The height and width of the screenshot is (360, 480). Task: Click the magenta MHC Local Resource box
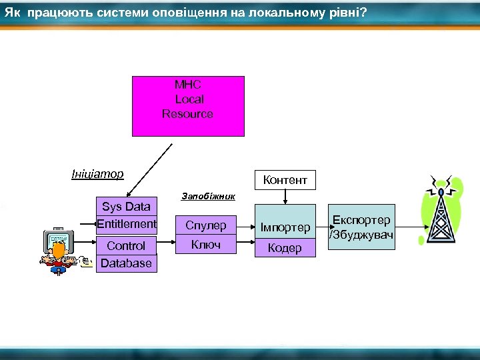(188, 105)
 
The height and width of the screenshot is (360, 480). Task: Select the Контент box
(285, 179)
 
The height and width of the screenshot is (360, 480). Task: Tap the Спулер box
(206, 225)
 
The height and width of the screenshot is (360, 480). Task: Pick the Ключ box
(206, 245)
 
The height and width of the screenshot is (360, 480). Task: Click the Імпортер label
(285, 228)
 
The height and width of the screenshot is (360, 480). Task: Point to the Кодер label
(285, 248)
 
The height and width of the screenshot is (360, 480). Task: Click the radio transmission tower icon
(441, 210)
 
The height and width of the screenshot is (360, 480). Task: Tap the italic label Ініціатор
(97, 175)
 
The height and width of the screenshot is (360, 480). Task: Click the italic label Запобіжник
(208, 197)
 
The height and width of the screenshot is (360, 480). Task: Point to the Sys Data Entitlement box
(127, 215)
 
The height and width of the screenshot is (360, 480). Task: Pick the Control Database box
(127, 254)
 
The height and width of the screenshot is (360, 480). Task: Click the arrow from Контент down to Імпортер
(285, 196)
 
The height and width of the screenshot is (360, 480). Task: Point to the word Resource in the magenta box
(188, 114)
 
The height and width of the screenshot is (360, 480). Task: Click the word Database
(127, 263)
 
